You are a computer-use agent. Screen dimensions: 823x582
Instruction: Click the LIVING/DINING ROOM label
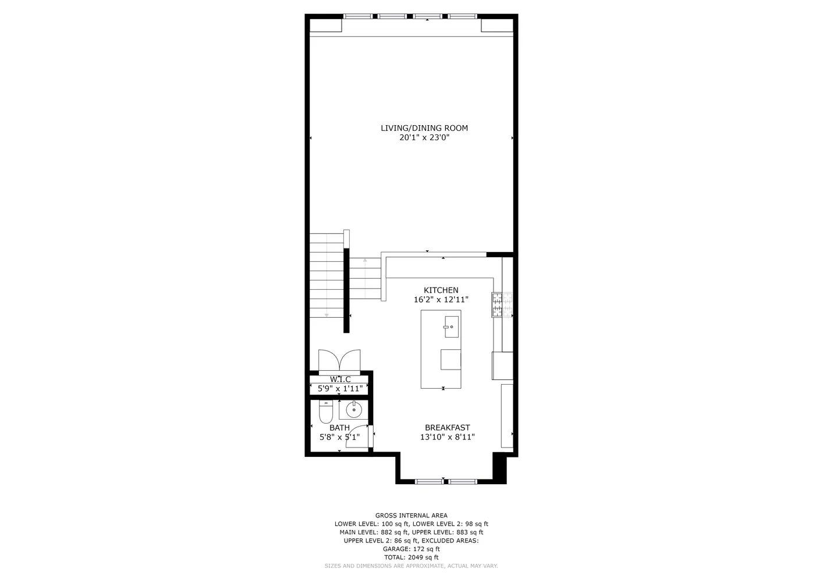[x=424, y=128]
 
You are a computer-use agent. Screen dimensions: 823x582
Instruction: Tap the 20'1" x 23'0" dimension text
[x=424, y=138]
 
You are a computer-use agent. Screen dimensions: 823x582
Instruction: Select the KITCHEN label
[x=441, y=290]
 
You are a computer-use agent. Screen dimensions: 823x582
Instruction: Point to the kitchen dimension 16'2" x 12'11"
[x=441, y=300]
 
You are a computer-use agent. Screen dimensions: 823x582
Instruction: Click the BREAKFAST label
[x=447, y=428]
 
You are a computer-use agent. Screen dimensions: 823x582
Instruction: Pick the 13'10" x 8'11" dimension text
[x=447, y=437]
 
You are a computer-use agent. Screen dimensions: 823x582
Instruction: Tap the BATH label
[x=339, y=428]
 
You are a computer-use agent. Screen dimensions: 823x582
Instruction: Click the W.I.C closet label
[x=340, y=379]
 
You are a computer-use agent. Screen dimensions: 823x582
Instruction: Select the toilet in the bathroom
[x=325, y=411]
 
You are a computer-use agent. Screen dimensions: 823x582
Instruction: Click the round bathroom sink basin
[x=354, y=410]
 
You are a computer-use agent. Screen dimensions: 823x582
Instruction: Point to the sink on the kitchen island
[x=452, y=327]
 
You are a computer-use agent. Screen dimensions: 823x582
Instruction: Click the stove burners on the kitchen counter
[x=502, y=304]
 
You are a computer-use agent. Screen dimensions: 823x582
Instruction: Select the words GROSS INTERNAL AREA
[x=411, y=516]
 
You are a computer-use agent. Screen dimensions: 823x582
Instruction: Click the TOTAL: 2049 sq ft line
[x=411, y=558]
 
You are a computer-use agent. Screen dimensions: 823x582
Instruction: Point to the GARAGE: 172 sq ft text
[x=411, y=549]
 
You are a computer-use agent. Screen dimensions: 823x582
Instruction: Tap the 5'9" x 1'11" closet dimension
[x=340, y=388]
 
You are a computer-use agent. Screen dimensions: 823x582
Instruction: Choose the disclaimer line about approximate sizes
[x=411, y=566]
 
